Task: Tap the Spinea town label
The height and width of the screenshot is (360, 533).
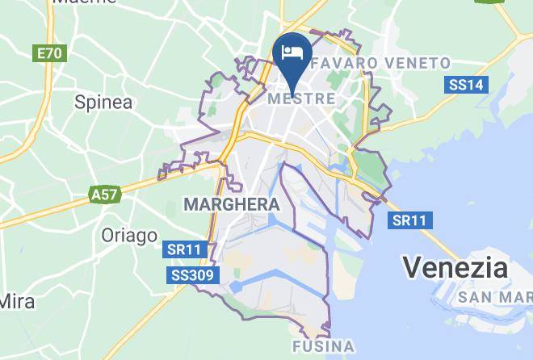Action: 103,103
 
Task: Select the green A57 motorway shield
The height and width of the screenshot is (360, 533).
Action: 104,195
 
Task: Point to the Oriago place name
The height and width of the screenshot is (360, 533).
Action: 129,236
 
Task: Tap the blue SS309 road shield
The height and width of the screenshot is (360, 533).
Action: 193,276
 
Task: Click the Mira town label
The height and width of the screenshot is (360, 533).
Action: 16,302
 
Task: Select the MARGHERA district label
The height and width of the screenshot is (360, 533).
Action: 232,205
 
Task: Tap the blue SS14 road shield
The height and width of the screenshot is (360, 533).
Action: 465,85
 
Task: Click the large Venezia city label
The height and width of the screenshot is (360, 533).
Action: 455,267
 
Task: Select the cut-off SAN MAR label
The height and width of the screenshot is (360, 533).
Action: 494,297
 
